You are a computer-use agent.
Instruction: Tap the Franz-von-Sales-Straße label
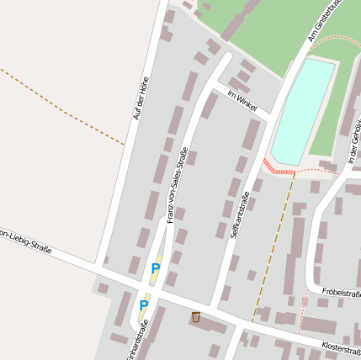point(177,185)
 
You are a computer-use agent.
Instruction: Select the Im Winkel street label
point(241,102)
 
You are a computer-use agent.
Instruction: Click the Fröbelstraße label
point(340,294)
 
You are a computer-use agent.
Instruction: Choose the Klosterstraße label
point(341,347)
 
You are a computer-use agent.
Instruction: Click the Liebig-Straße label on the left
point(25,244)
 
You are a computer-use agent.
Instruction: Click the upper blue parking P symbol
point(155,269)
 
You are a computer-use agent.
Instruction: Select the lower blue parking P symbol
point(144,305)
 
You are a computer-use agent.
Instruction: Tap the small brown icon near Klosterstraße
point(196,317)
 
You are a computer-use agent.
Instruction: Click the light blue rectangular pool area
point(300,109)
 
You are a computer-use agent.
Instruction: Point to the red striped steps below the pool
point(280,167)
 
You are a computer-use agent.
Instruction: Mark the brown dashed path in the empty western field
point(59,105)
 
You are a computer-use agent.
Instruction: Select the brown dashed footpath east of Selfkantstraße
point(271,252)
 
